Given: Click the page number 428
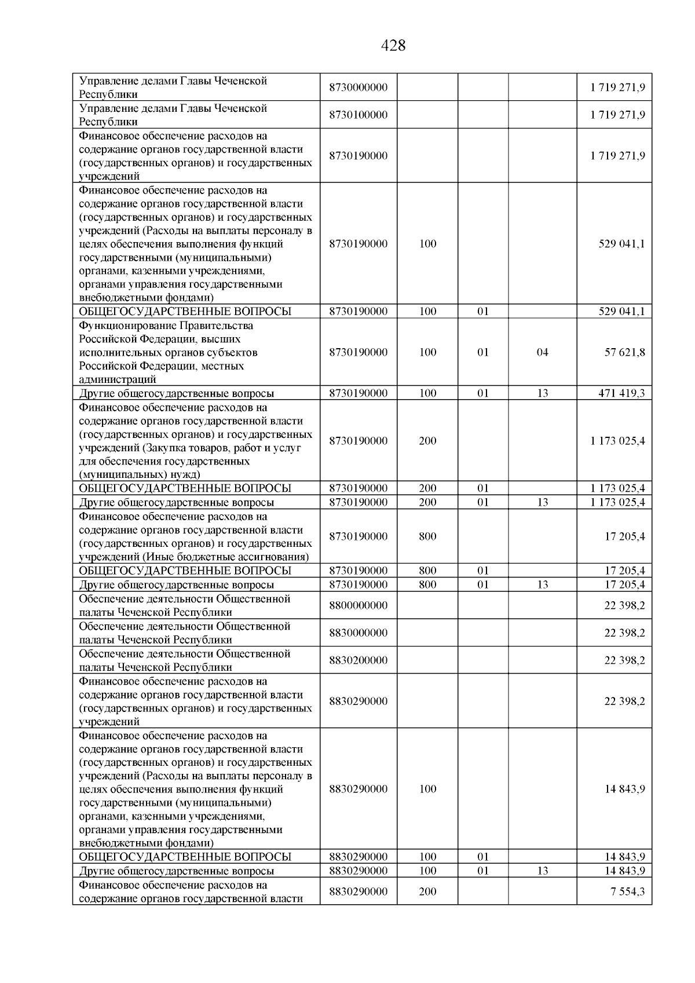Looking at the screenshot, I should point(394,46).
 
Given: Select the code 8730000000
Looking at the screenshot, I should point(358,87).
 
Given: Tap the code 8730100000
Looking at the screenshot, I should point(358,115).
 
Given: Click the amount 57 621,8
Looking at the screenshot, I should point(624,352).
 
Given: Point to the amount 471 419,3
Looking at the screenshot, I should point(621,393).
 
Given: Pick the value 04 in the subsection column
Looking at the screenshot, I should point(542,352).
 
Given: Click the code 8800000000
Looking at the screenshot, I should point(358,605).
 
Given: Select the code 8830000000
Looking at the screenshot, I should point(358,633).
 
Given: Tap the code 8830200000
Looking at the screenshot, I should point(358,660).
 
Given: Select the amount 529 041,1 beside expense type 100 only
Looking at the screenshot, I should point(621,244).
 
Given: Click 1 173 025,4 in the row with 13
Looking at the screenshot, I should point(617,502).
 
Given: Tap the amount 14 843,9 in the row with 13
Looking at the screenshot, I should point(624,871).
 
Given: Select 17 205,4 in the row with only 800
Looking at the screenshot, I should point(624,536).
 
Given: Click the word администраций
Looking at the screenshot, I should point(118,380).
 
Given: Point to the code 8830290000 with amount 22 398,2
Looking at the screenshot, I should point(358,701).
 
